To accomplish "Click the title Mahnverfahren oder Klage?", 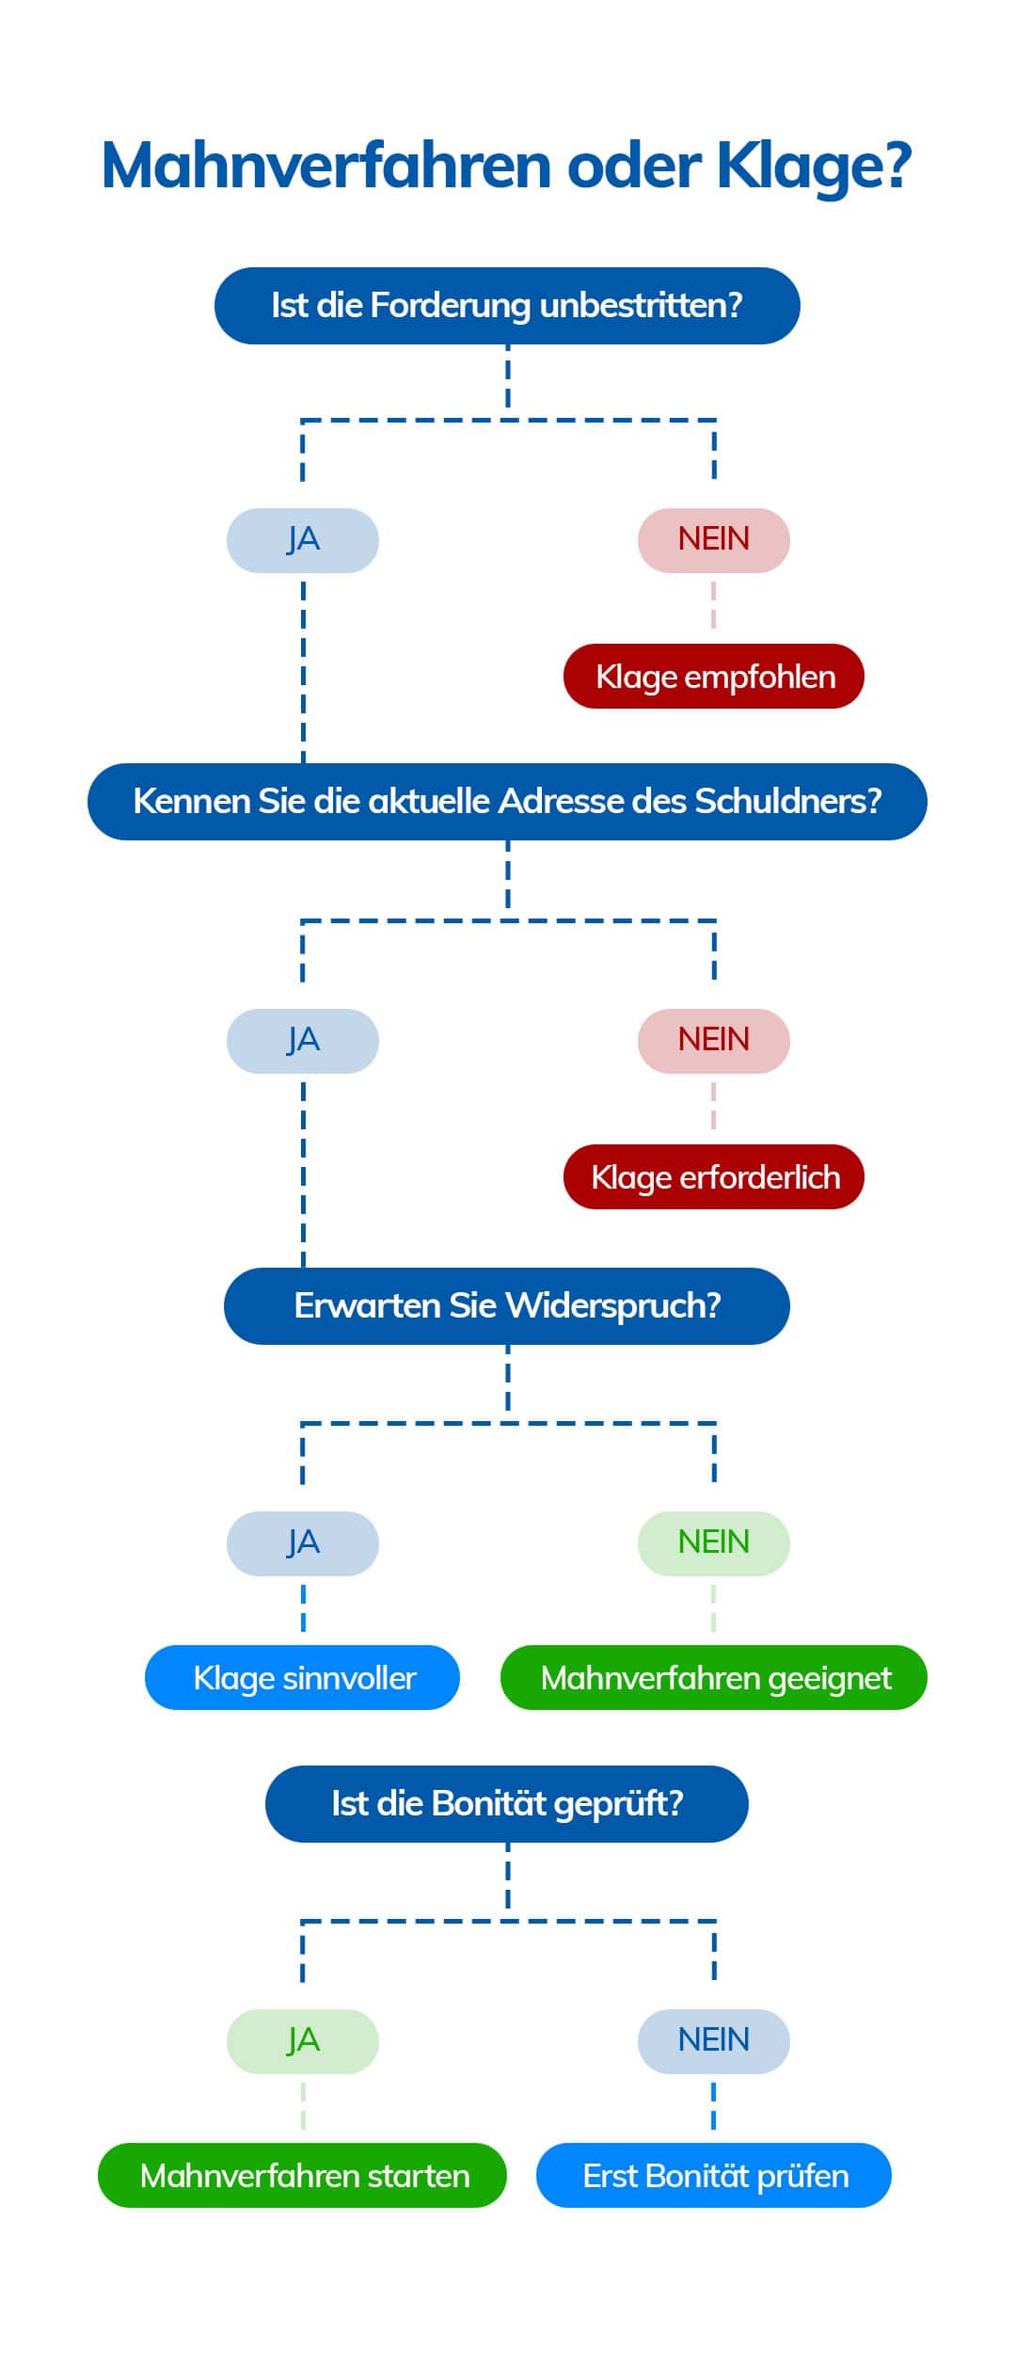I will tap(506, 167).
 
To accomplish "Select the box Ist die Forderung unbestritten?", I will tap(507, 306).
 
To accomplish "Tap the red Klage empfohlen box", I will tap(714, 677).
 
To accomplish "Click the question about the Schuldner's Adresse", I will tap(507, 802).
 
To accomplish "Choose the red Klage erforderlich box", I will tap(714, 1177).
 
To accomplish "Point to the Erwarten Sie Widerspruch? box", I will tap(507, 1306).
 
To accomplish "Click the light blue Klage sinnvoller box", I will tap(303, 1678).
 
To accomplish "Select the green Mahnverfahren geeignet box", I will tap(714, 1678).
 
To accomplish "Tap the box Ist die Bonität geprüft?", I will tap(507, 1804).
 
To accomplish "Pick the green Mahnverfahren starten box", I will tap(303, 2176).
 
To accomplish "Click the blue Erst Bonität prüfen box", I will tap(714, 2176).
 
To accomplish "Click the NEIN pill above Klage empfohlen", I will tap(714, 540).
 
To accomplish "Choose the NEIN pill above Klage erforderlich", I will tap(714, 1041).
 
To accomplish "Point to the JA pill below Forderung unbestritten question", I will tap(303, 540).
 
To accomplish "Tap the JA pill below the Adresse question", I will tap(303, 1041).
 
